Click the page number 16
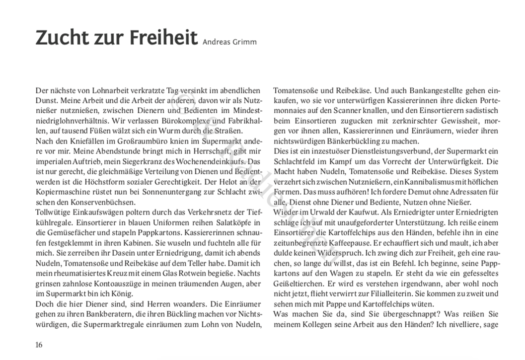coord(39,344)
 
